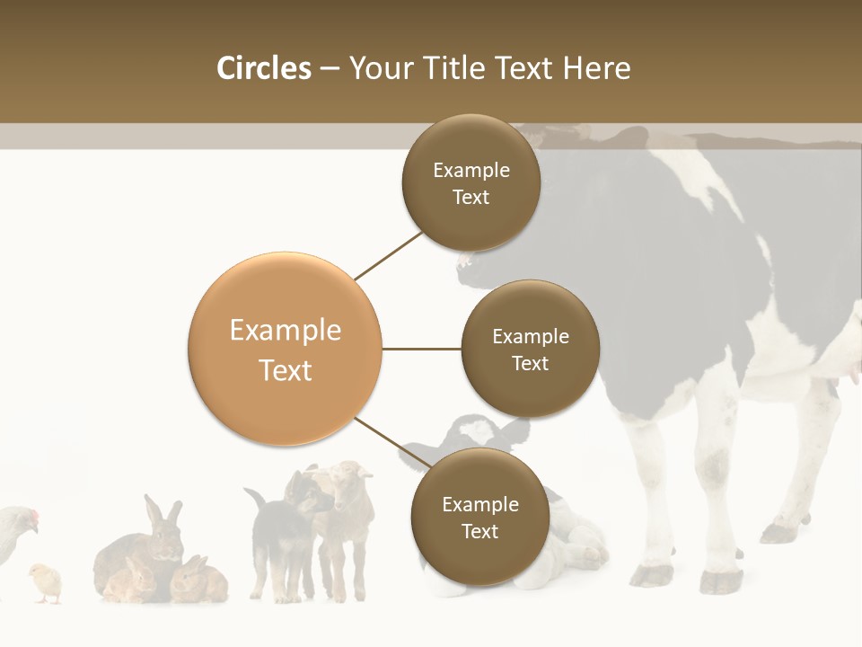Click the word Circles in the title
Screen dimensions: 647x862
tap(263, 68)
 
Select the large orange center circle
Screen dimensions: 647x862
tap(285, 349)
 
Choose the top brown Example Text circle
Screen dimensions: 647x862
tap(471, 183)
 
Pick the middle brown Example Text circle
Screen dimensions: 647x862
tap(530, 349)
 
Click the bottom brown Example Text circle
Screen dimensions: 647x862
tap(479, 517)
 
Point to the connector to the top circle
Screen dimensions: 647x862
tap(388, 255)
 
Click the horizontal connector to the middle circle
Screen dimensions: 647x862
tap(421, 349)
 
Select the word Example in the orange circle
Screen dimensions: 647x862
tap(285, 330)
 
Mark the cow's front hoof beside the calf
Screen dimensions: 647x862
tap(651, 575)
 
